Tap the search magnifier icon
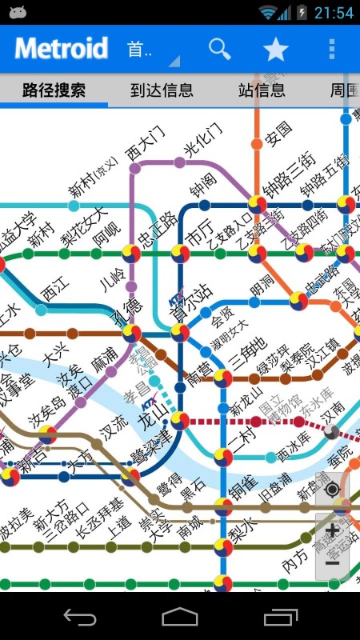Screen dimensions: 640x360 [219, 49]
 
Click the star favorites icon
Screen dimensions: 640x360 [275, 50]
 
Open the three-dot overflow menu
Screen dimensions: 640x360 [332, 49]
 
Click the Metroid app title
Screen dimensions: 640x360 [61, 49]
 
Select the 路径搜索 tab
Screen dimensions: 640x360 [54, 90]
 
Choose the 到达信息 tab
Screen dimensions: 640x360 [162, 90]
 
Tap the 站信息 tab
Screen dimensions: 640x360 [262, 90]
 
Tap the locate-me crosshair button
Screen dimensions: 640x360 [333, 490]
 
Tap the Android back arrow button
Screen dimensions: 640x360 [80, 617]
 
